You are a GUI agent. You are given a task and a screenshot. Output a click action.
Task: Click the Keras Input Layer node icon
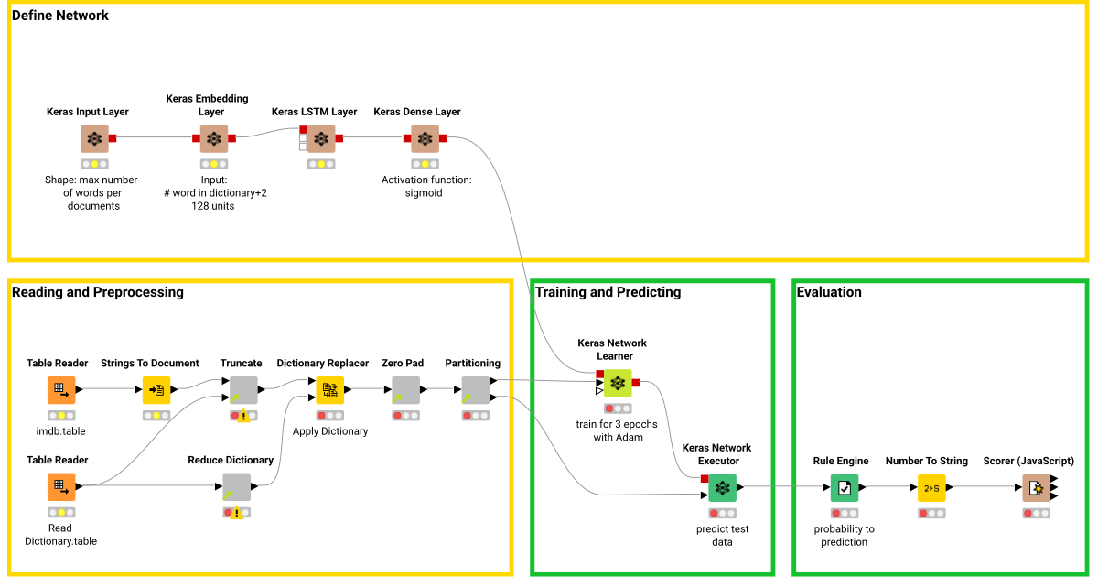[94, 139]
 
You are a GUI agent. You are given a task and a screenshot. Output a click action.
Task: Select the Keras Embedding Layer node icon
[214, 139]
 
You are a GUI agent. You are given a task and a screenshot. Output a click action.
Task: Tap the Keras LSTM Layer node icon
[320, 139]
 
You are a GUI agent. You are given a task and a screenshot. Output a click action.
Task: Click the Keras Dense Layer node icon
[425, 139]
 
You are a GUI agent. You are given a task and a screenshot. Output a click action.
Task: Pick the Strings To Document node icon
[156, 390]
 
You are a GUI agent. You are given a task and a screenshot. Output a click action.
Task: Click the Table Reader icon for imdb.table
[61, 390]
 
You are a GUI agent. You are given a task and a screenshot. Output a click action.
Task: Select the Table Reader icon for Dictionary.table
[61, 486]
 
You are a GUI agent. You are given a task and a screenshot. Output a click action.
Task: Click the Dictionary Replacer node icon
[329, 390]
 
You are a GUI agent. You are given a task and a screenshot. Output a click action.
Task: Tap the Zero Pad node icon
[405, 390]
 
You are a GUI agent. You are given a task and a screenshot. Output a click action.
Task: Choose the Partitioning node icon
[475, 390]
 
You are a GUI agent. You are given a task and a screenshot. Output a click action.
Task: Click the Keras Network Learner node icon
[618, 383]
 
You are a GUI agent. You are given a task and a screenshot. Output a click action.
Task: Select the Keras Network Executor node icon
[722, 487]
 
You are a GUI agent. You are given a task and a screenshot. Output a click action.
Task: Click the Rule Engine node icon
[845, 487]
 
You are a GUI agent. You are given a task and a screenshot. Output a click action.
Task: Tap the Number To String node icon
[932, 487]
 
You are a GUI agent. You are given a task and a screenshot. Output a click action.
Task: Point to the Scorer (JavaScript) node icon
[1036, 487]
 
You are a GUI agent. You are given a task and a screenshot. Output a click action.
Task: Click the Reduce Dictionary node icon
[236, 486]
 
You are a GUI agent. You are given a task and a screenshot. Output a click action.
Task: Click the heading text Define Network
[60, 16]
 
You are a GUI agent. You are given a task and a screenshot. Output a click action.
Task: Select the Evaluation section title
[829, 292]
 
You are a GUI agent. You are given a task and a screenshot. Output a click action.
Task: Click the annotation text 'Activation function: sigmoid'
[426, 186]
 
